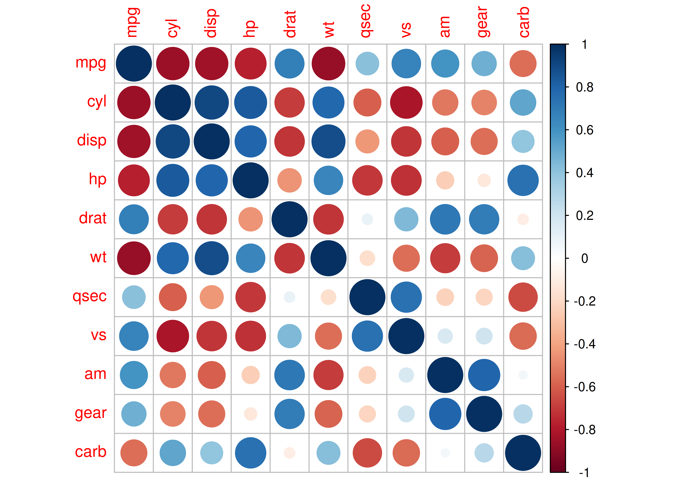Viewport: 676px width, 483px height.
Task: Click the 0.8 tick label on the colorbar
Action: pyautogui.click(x=584, y=87)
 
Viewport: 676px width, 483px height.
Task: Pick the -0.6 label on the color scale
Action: pyautogui.click(x=584, y=387)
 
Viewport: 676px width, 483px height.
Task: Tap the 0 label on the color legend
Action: pyautogui.click(x=584, y=258)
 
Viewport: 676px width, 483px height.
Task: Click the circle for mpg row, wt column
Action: pyautogui.click(x=329, y=64)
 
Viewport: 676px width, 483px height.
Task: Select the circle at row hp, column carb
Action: pyautogui.click(x=523, y=180)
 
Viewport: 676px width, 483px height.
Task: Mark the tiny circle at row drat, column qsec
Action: pyautogui.click(x=367, y=219)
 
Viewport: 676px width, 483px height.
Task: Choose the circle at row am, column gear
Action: pyautogui.click(x=484, y=375)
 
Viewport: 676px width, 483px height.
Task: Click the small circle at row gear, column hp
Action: pyautogui.click(x=251, y=414)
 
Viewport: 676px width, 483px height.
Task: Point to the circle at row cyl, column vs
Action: pyautogui.click(x=406, y=103)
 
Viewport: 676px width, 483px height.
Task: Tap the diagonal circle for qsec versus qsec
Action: pyautogui.click(x=367, y=297)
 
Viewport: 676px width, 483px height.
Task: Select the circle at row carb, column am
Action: pyautogui.click(x=445, y=453)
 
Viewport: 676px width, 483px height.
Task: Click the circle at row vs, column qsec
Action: pyautogui.click(x=367, y=336)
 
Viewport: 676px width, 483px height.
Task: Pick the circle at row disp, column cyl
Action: pyautogui.click(x=173, y=142)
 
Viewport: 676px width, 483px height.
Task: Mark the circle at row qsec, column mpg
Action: pyautogui.click(x=134, y=297)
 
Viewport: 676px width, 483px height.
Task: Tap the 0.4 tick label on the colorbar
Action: pyautogui.click(x=584, y=173)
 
